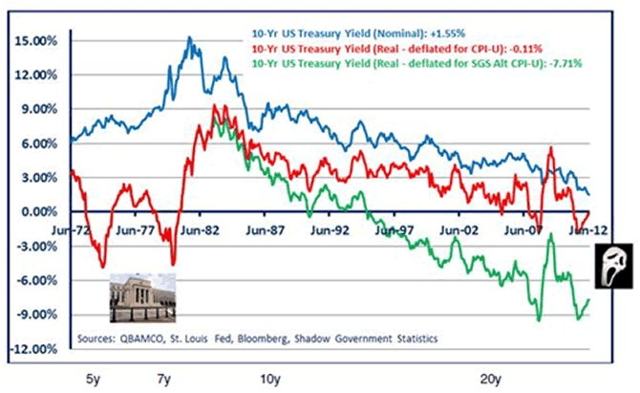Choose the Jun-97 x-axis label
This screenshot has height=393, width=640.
394,229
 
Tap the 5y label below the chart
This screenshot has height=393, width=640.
93,379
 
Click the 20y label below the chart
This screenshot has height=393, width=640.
491,379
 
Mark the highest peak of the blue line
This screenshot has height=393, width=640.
190,38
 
